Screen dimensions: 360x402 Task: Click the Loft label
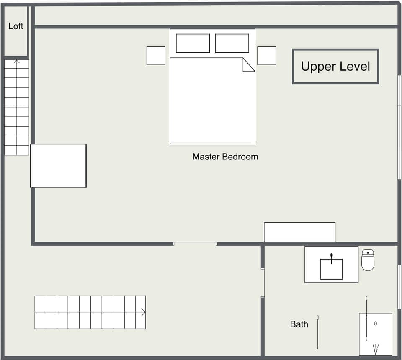[16, 26]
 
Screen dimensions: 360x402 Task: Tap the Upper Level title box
[335, 67]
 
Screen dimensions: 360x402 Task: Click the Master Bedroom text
[225, 157]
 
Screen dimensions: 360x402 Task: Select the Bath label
[299, 324]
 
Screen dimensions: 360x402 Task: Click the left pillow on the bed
[193, 44]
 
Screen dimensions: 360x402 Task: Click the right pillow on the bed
[232, 44]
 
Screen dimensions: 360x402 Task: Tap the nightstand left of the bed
[156, 56]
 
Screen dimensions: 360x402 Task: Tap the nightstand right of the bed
[266, 56]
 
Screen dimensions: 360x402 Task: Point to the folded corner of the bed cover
[248, 65]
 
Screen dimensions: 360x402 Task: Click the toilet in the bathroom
[368, 260]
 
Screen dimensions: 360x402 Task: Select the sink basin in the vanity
[331, 269]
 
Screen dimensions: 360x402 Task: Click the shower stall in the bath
[376, 334]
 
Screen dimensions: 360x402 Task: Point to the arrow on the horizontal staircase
[143, 312]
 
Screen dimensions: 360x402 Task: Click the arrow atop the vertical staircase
[17, 62]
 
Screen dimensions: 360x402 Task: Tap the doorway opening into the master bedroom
[195, 244]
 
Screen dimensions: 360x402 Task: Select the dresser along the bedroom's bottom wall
[299, 232]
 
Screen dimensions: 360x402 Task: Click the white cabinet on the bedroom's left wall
[59, 166]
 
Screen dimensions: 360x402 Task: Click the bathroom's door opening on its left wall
[263, 283]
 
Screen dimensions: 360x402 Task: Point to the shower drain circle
[376, 323]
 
